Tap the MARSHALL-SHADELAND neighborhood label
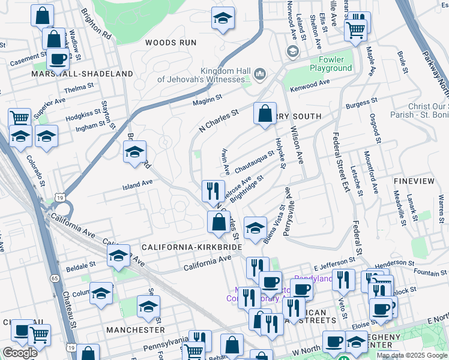click(x=82, y=74)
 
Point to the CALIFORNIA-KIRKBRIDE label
click(x=191, y=247)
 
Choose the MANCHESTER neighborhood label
click(x=135, y=330)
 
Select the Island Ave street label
click(x=138, y=184)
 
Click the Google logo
click(x=20, y=352)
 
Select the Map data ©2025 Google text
click(x=411, y=355)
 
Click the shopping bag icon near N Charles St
click(x=265, y=114)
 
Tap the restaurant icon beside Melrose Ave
click(x=213, y=191)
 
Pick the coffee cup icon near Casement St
click(x=58, y=59)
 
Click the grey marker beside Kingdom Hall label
click(x=260, y=74)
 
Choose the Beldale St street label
click(x=80, y=265)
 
